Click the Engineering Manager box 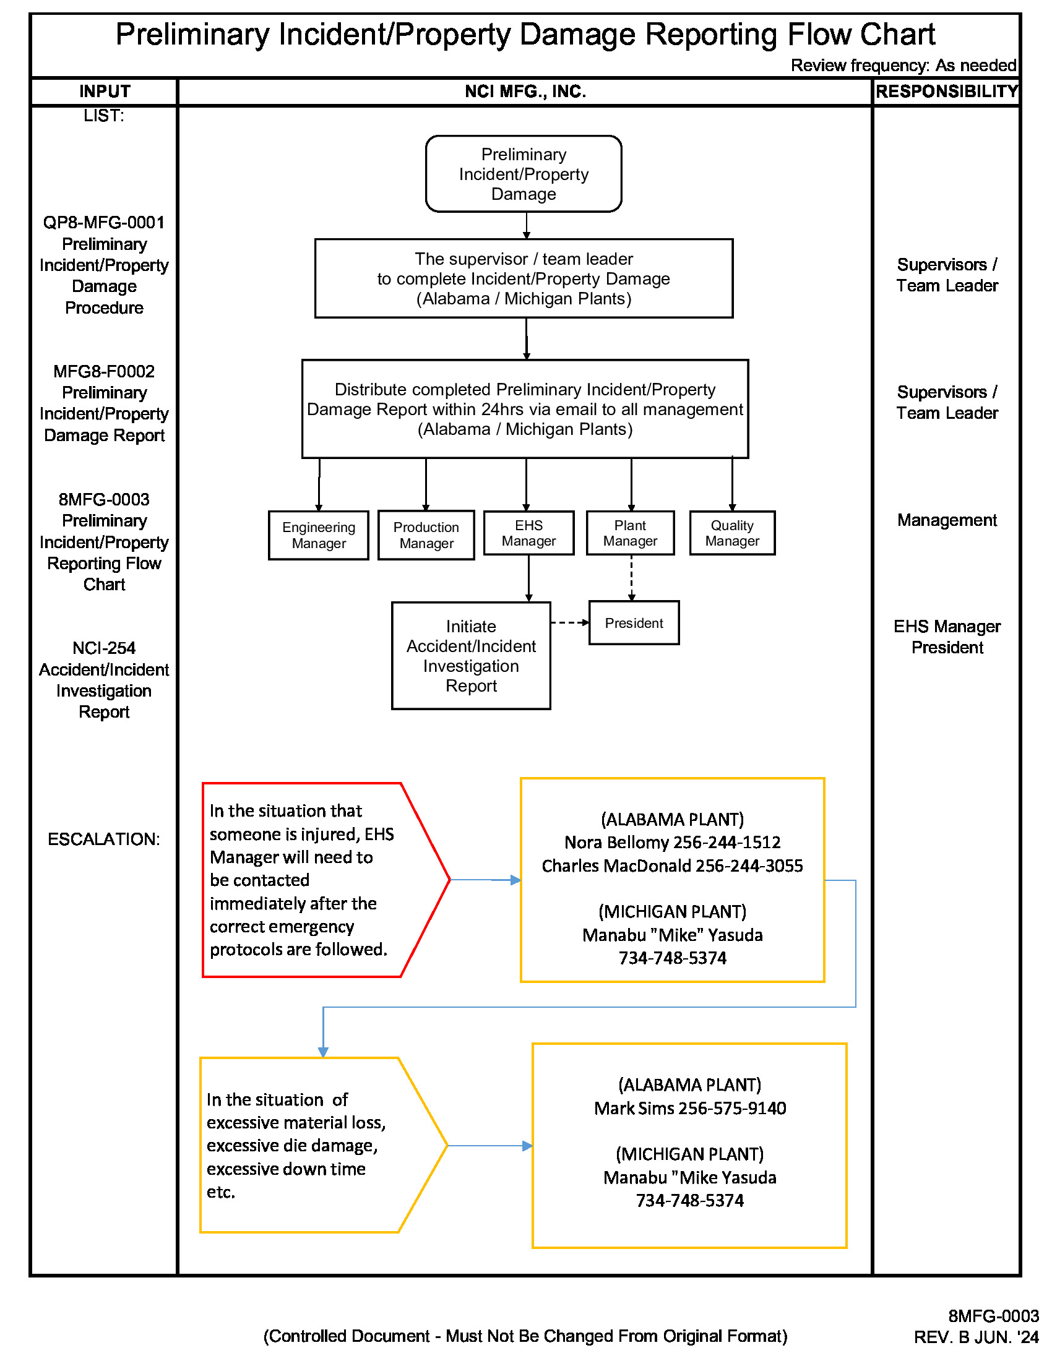tap(319, 535)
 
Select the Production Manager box tap(426, 535)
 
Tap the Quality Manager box tap(731, 533)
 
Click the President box tap(633, 622)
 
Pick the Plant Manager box tap(629, 533)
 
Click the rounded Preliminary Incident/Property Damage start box tap(523, 174)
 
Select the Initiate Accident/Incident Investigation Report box tap(470, 656)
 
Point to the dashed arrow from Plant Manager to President tap(631, 578)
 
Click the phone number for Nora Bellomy tap(726, 843)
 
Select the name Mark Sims tap(634, 1108)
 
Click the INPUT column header tap(104, 92)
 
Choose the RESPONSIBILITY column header tap(946, 92)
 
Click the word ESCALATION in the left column tap(103, 839)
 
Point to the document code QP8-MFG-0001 tap(103, 223)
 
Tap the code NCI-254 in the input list tap(103, 648)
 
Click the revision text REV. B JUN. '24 tap(975, 1337)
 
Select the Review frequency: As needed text tap(903, 66)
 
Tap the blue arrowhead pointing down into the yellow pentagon tap(323, 1052)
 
